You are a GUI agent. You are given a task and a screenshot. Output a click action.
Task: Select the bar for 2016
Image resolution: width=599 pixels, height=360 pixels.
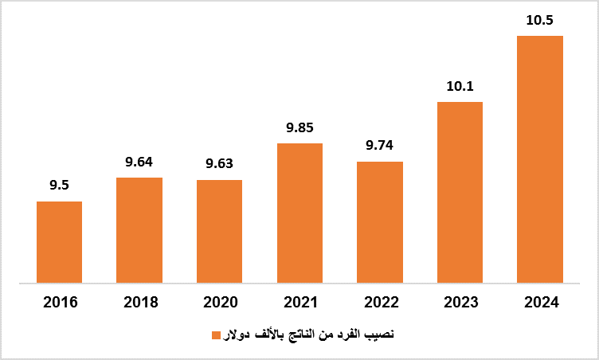[x=59, y=242]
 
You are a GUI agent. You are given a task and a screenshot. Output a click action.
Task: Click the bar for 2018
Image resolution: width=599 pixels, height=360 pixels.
[x=139, y=230]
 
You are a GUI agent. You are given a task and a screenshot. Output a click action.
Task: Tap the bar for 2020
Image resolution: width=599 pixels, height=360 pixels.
[x=219, y=231]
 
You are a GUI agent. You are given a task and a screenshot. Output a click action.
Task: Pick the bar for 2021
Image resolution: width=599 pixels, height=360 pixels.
[x=299, y=213]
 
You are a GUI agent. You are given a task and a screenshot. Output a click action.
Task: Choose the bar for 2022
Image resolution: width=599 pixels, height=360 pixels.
[x=380, y=222]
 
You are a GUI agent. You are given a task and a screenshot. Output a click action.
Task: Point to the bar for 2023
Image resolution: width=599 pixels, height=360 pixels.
[x=460, y=192]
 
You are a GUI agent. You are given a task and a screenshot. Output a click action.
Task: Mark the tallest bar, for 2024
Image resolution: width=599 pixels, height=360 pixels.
[x=540, y=159]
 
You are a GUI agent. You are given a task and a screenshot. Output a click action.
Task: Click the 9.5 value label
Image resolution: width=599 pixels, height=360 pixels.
[x=59, y=186]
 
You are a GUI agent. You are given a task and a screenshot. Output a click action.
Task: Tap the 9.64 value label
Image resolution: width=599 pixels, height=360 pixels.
[x=139, y=162]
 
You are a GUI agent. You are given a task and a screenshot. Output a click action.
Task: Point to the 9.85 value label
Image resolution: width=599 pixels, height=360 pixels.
[x=299, y=127]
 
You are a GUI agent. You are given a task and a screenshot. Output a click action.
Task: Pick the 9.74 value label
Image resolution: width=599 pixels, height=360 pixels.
[x=380, y=146]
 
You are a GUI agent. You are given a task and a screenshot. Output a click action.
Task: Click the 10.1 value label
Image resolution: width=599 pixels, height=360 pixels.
[x=460, y=86]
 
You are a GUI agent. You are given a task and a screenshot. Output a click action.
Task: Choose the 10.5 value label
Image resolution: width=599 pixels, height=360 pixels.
[x=540, y=20]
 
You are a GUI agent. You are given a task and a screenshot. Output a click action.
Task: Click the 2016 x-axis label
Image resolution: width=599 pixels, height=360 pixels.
[x=59, y=303]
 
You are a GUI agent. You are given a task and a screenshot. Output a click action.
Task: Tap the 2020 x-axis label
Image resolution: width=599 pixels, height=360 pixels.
[x=219, y=303]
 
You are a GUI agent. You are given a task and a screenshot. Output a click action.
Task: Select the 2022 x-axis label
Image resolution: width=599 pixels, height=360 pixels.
[x=380, y=303]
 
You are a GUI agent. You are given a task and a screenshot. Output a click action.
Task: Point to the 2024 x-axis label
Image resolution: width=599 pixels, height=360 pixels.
[x=540, y=303]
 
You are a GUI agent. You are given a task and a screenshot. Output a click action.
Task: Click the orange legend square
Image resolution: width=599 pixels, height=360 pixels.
[x=215, y=335]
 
